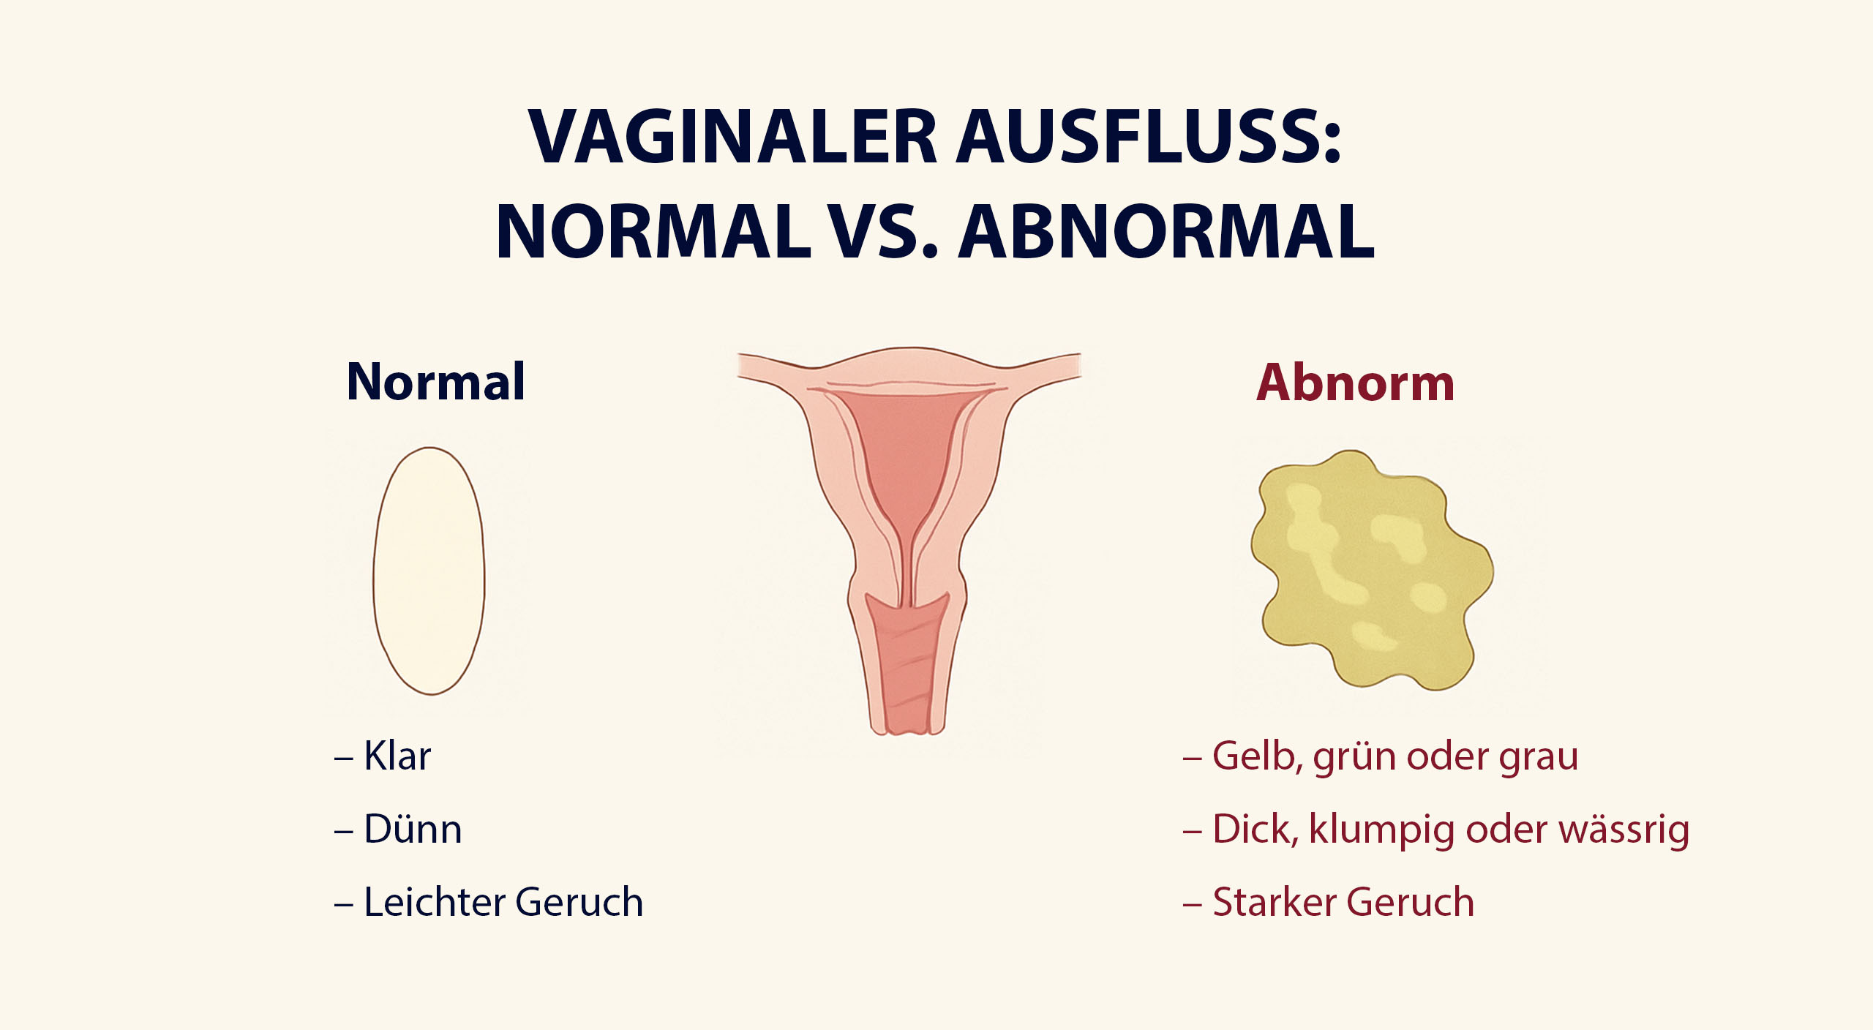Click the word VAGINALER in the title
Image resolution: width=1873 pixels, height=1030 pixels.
732,137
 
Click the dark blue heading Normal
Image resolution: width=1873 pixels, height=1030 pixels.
436,382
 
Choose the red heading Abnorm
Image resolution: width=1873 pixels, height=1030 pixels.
1355,383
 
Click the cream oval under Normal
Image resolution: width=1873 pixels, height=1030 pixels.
429,571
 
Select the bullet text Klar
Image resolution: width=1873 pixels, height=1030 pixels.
397,756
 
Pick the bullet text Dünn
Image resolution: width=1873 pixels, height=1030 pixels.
413,829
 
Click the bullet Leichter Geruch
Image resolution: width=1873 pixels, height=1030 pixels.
503,901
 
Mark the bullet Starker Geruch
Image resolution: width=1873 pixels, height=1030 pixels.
1343,901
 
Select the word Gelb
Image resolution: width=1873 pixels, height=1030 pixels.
1258,756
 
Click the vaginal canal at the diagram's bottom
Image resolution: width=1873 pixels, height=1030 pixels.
908,662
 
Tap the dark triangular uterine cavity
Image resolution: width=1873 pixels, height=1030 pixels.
907,468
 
